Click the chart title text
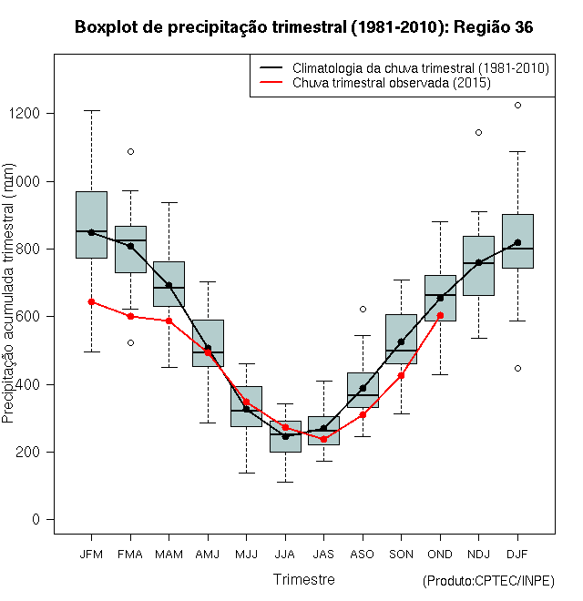click(x=303, y=28)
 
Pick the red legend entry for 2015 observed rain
click(x=393, y=83)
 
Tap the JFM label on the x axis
click(x=91, y=554)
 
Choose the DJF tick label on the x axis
click(x=517, y=554)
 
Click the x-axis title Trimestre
click(x=304, y=579)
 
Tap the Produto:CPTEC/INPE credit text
click(x=488, y=581)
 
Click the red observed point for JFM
click(x=91, y=301)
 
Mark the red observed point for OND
click(x=440, y=315)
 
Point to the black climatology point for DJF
click(x=517, y=242)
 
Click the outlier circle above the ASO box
click(x=363, y=310)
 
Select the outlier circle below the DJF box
click(x=517, y=369)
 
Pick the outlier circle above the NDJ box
click(x=478, y=132)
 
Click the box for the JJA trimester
click(x=285, y=436)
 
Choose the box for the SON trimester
click(x=401, y=339)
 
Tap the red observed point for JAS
click(x=323, y=439)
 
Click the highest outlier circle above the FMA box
click(x=130, y=151)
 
